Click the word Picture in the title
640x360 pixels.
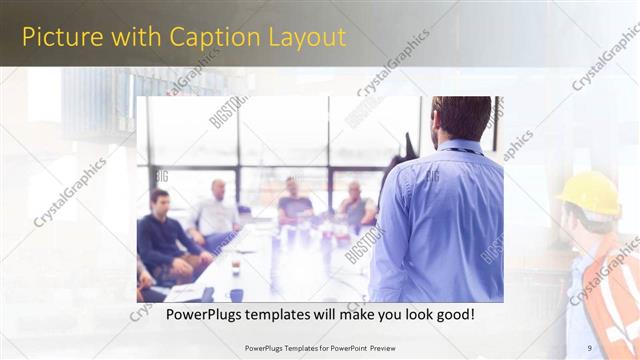click(x=58, y=37)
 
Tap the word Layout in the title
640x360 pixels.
click(x=306, y=37)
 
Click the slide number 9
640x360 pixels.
click(x=590, y=347)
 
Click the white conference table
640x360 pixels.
click(x=280, y=265)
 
